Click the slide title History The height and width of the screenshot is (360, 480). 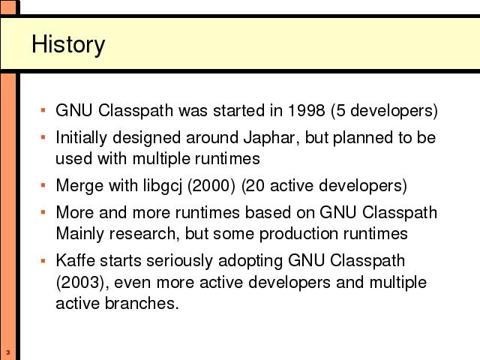(x=68, y=45)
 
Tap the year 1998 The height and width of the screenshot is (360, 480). (x=307, y=110)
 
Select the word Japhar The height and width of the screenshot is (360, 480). (x=269, y=138)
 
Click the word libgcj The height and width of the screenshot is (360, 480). (x=163, y=186)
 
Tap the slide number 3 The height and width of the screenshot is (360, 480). (x=8, y=352)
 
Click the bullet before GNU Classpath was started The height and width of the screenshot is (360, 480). (x=43, y=110)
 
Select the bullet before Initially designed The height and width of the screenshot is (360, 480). (x=43, y=137)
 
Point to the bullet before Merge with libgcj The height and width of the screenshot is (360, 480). (x=43, y=185)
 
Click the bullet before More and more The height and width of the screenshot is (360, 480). (x=43, y=211)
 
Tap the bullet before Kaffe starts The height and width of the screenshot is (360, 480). (x=43, y=260)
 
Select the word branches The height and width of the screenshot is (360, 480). (x=142, y=303)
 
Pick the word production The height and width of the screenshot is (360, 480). (x=298, y=234)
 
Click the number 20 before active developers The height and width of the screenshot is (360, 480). (x=255, y=186)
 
